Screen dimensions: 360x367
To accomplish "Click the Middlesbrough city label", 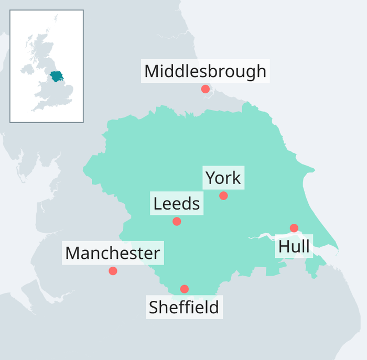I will (x=206, y=71).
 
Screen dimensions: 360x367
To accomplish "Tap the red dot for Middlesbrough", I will (x=206, y=89).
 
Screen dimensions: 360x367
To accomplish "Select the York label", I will (x=223, y=178).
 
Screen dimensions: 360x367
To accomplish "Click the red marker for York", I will (x=223, y=195).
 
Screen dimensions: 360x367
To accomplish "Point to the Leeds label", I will (x=177, y=203).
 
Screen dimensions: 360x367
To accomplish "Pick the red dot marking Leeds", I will (x=177, y=221).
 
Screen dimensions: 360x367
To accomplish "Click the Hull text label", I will (x=294, y=246).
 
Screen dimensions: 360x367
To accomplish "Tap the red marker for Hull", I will (x=294, y=228).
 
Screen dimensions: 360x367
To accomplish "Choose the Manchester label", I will (x=113, y=253).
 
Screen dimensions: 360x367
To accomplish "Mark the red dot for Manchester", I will (x=113, y=271).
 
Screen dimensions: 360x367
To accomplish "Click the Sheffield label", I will (x=184, y=307).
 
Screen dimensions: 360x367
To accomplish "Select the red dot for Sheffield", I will (x=184, y=289).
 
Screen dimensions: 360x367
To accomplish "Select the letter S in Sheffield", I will (x=154, y=307).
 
